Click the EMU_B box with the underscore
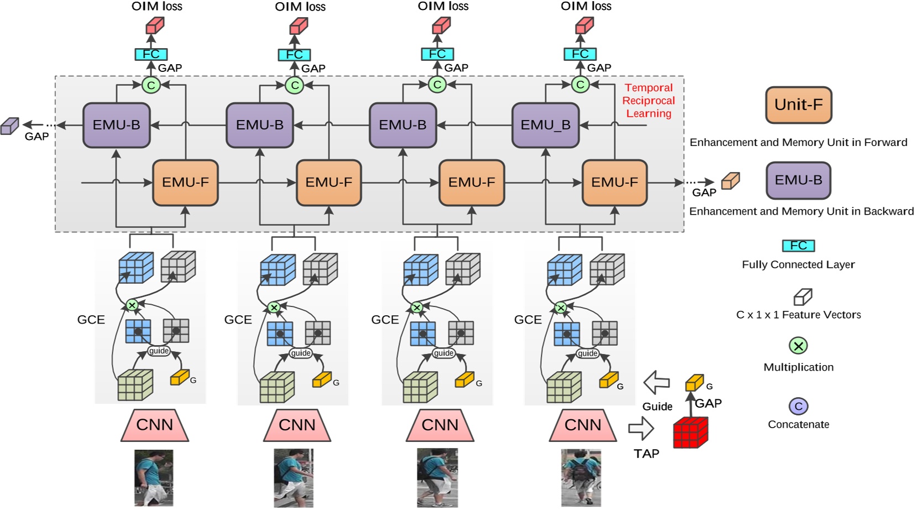point(545,126)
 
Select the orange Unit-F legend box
point(798,105)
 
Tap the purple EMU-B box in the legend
point(798,180)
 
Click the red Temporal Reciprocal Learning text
point(649,101)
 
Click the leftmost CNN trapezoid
point(155,425)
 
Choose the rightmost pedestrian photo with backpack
point(581,477)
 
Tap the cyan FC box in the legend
point(798,246)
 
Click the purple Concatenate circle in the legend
point(798,407)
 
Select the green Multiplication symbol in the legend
point(798,346)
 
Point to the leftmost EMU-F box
point(185,183)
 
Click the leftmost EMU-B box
point(116,126)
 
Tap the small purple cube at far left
point(9,126)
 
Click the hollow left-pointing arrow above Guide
point(657,382)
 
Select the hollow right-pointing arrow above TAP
point(641,428)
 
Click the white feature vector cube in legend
point(802,298)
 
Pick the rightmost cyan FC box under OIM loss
point(580,54)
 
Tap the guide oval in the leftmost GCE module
point(159,351)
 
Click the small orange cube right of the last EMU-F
point(730,181)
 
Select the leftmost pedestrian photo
point(154,477)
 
